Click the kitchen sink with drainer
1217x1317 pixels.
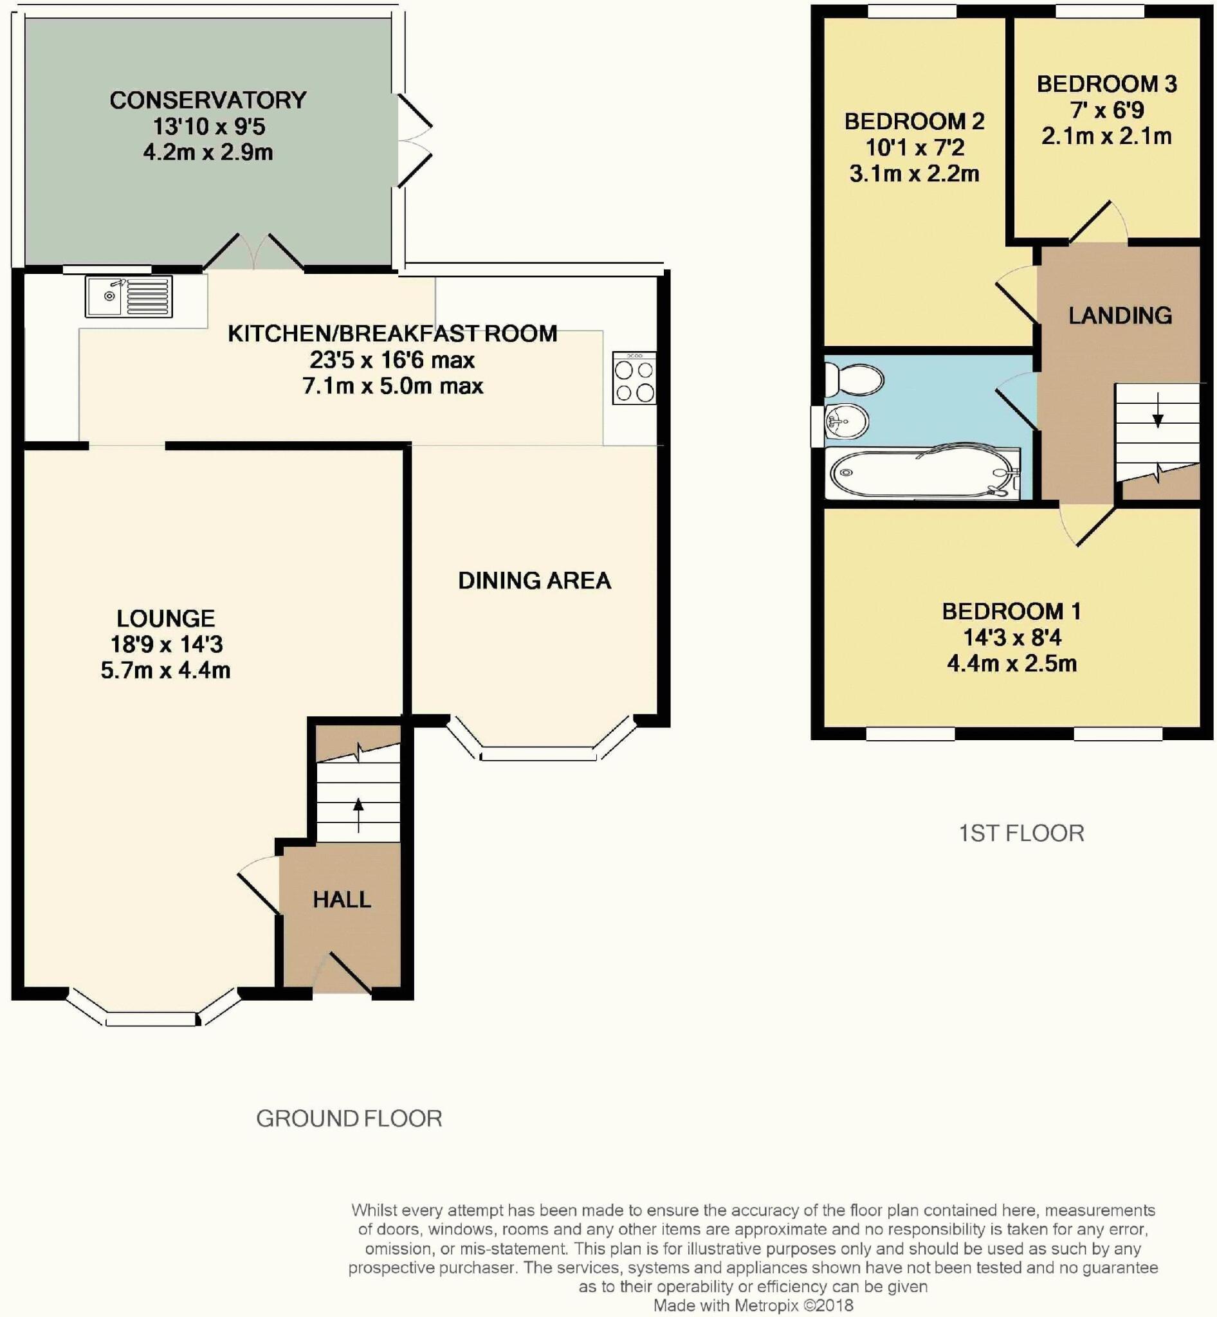pos(129,296)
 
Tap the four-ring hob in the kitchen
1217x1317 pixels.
pos(634,379)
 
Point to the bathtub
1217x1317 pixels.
pos(922,473)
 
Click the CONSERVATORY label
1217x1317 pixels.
pos(208,100)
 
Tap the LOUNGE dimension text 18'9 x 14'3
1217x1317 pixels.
pos(166,644)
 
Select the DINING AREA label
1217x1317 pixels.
pos(534,580)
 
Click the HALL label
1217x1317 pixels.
pos(341,900)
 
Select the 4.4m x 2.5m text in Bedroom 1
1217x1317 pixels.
pos(1012,663)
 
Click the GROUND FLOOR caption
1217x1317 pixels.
pos(349,1118)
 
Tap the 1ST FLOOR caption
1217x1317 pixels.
pos(1021,833)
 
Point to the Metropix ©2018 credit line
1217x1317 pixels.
pos(753,1305)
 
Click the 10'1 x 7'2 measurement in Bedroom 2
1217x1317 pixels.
pos(914,147)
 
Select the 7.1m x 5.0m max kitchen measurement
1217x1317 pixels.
pos(392,385)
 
